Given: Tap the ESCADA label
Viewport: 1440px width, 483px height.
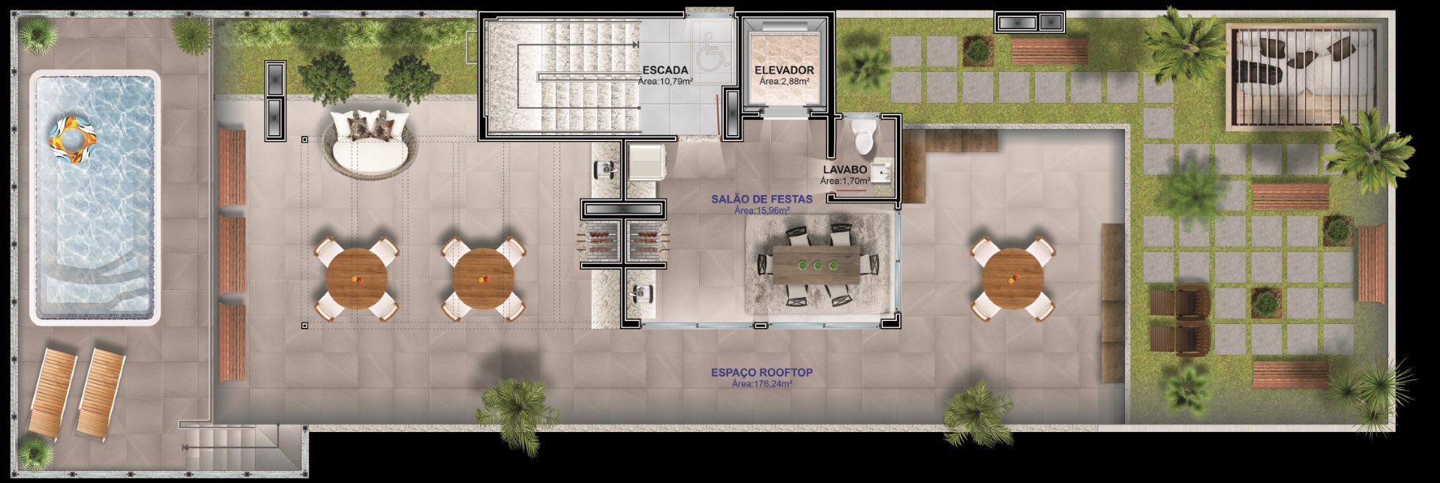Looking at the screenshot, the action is (665, 70).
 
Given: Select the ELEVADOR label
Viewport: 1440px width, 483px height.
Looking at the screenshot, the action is (784, 70).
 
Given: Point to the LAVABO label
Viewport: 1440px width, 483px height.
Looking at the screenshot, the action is (845, 170).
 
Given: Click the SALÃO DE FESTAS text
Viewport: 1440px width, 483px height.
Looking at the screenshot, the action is (761, 199).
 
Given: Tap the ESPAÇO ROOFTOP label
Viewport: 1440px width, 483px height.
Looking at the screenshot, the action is (762, 373).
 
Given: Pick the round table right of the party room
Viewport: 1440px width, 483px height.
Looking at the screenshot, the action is (1012, 278).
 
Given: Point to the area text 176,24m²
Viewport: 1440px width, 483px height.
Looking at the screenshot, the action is (762, 384).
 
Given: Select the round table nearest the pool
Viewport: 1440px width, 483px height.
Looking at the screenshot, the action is (357, 279).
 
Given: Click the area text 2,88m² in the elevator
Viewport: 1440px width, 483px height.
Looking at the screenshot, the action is (784, 81).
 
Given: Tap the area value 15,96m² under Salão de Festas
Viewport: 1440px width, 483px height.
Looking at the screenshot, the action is (762, 211).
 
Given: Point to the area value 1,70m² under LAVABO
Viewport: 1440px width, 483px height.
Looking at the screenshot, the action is (845, 181).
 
